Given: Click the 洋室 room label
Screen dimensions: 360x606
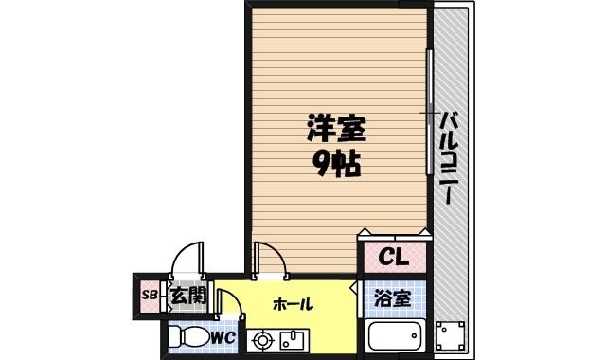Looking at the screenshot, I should click(335, 128).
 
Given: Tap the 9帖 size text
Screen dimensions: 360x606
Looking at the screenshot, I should click(335, 165).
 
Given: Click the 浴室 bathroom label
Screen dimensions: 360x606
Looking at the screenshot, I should click(390, 298).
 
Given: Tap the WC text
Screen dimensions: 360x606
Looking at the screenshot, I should click(224, 336).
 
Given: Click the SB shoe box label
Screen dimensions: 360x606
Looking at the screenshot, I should click(149, 296).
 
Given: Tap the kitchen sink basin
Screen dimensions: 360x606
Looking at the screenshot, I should click(292, 338).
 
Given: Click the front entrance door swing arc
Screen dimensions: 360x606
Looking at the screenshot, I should click(187, 259).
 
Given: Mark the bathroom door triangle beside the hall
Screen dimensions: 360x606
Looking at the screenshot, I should click(354, 287).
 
